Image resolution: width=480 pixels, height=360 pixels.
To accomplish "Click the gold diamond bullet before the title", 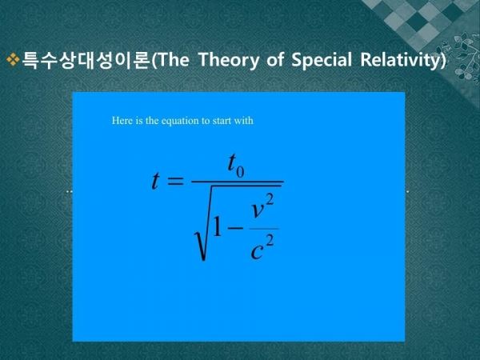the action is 13,59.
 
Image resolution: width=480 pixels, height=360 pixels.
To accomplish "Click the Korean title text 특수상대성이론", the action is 86,59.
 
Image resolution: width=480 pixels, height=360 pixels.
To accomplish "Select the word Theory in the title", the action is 229,60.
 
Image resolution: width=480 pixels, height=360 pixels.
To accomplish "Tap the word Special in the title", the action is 321,60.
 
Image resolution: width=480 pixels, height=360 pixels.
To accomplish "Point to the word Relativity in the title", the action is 401,60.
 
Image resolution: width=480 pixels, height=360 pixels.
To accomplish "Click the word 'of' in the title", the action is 274,59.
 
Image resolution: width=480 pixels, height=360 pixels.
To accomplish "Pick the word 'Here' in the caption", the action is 122,120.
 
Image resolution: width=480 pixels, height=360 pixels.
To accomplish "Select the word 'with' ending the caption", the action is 243,120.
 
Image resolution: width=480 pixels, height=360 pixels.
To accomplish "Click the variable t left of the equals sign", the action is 155,181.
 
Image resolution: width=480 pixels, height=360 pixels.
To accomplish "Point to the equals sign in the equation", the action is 174,182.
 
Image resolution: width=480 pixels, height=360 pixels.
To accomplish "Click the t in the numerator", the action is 232,162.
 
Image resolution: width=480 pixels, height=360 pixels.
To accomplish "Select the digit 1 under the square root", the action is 217,227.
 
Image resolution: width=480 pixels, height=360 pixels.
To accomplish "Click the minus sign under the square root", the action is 236,227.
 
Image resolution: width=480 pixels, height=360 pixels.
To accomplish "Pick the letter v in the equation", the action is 257,210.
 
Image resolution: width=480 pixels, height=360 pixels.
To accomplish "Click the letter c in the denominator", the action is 257,252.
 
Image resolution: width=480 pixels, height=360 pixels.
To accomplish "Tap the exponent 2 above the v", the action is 270,200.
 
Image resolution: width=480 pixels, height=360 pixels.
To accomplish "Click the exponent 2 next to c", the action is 270,242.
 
